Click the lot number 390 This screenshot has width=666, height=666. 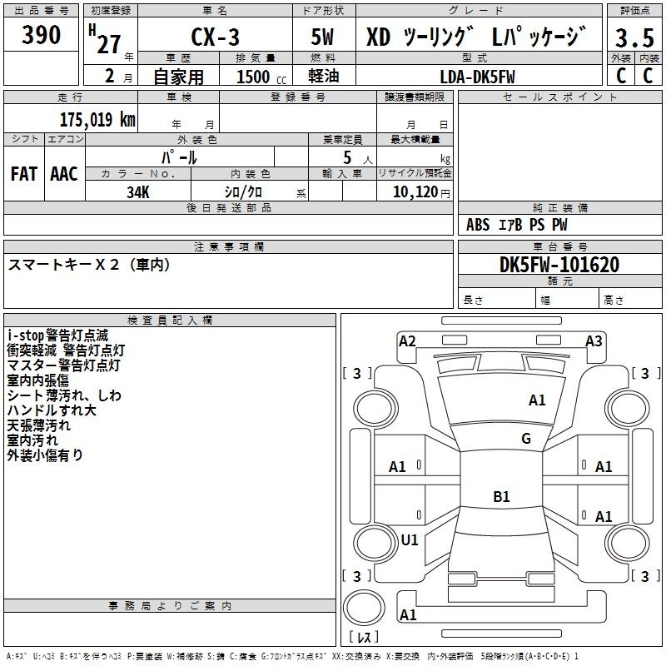coord(41,34)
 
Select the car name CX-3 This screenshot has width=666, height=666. coord(215,37)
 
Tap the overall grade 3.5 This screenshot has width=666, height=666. coord(634,37)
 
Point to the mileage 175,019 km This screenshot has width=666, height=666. coord(97,119)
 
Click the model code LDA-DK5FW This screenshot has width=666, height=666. coord(477,77)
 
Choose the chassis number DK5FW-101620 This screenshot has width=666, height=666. coord(559,265)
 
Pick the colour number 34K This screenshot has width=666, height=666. coord(138,192)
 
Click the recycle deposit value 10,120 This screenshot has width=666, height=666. coord(415,192)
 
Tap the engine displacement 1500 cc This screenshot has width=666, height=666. coord(261,77)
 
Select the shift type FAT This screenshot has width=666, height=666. coord(24,174)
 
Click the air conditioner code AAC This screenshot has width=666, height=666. coord(64,174)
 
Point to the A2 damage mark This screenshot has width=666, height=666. coord(407,341)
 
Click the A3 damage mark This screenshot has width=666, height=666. coord(594,341)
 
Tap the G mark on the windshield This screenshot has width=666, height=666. coord(526,439)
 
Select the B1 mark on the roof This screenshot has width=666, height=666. coord(501,496)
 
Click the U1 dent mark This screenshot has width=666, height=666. coord(410,539)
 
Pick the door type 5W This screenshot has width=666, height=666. coord(323,37)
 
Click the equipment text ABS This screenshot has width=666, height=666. coord(478,225)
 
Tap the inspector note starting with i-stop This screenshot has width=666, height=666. coord(57,335)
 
